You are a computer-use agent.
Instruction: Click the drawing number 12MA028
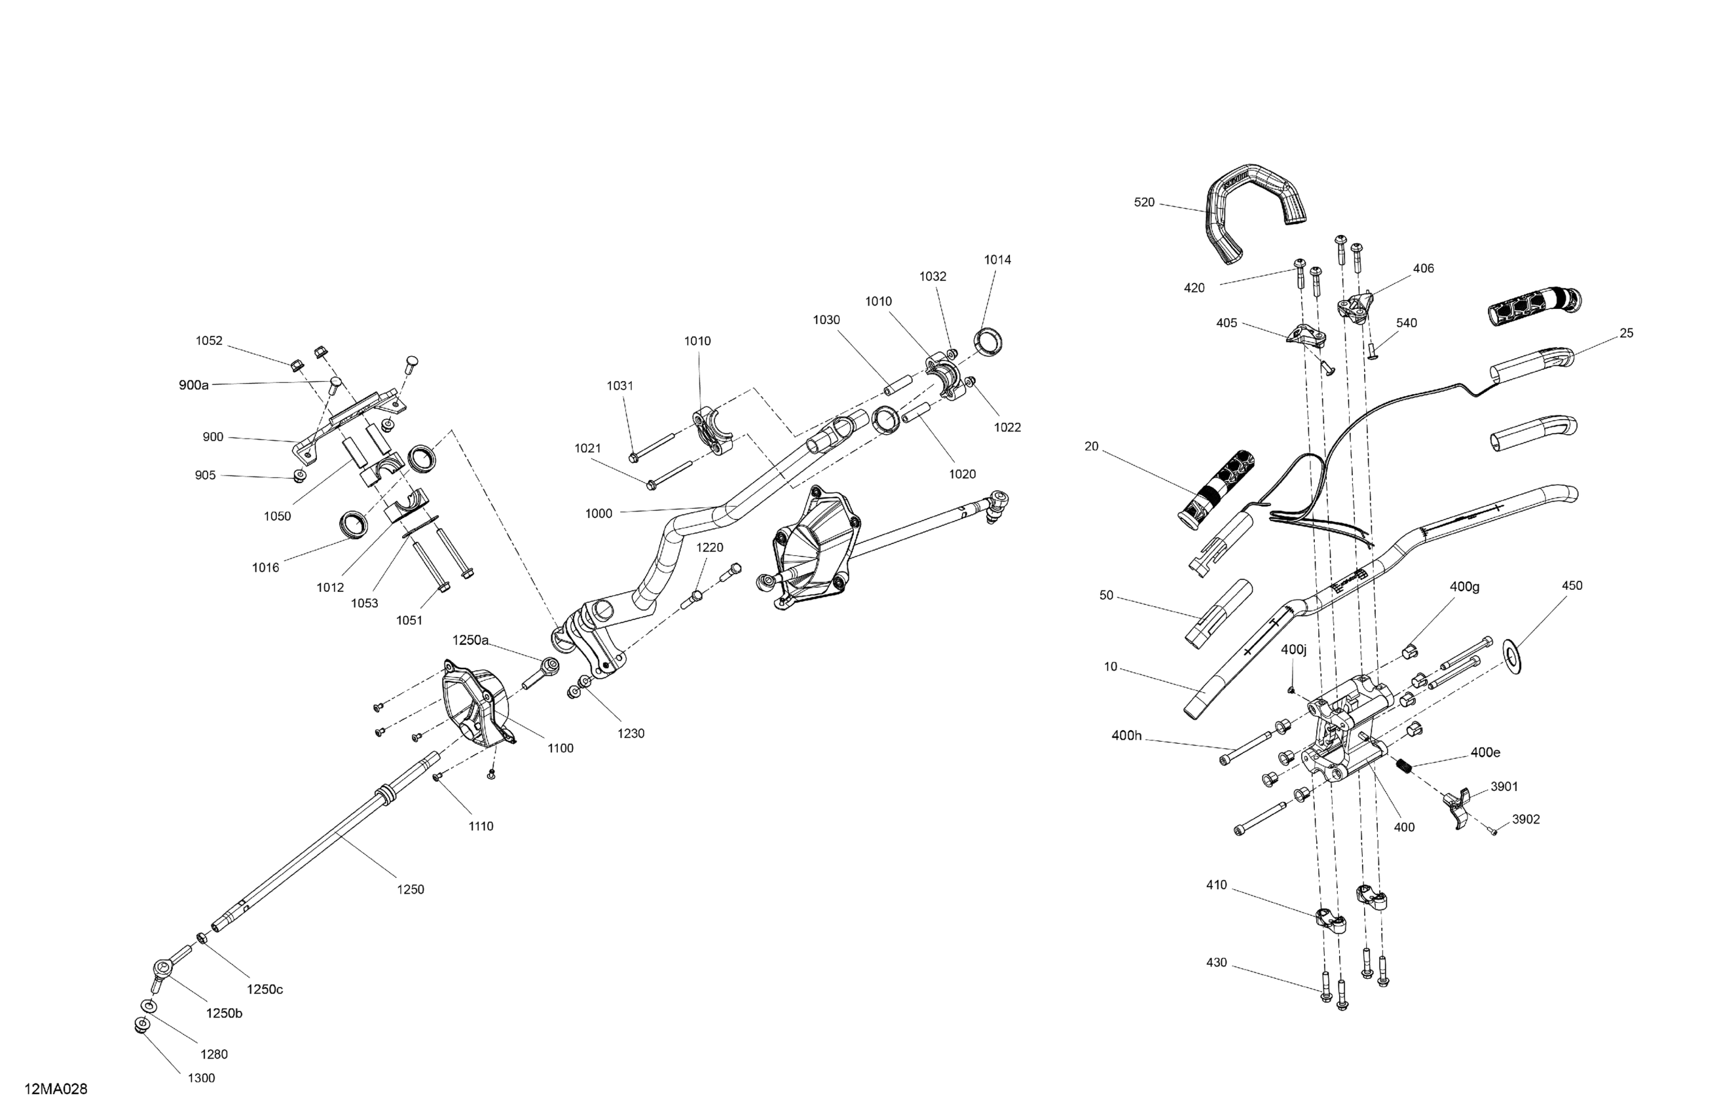click(x=56, y=1089)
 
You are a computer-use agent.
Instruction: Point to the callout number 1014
click(x=998, y=260)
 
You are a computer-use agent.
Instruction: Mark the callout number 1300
click(x=201, y=1078)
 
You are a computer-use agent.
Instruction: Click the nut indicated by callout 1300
click(x=142, y=1025)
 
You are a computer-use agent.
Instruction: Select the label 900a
click(x=194, y=385)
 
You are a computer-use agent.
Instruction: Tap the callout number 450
click(x=1572, y=586)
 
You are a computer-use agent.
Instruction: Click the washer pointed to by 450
click(x=1512, y=655)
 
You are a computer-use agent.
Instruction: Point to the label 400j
click(x=1293, y=650)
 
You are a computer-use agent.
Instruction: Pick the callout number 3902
click(x=1526, y=820)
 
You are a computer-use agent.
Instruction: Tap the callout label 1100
click(x=561, y=749)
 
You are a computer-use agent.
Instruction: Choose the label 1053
click(x=364, y=603)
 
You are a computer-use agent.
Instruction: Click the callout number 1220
click(x=709, y=547)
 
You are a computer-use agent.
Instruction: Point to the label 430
click(x=1216, y=963)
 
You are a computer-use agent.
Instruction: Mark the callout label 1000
click(x=599, y=513)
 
